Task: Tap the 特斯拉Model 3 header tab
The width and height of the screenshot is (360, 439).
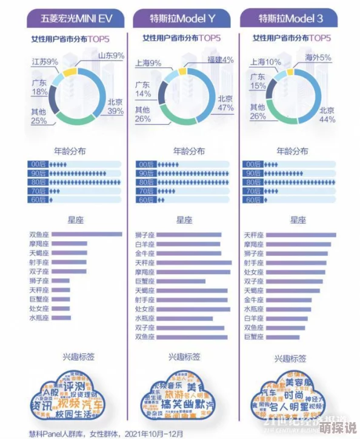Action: pyautogui.click(x=290, y=19)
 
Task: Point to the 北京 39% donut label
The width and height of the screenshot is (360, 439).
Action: pyautogui.click(x=115, y=106)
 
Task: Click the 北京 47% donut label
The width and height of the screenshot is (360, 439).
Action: pyautogui.click(x=225, y=103)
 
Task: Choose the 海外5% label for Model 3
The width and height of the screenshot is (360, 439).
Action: pyautogui.click(x=318, y=58)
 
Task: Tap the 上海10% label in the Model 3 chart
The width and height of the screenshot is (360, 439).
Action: pyautogui.click(x=265, y=62)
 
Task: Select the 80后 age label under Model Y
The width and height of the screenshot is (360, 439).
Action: pyautogui.click(x=146, y=182)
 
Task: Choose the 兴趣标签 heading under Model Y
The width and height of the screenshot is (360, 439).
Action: pyautogui.click(x=182, y=358)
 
